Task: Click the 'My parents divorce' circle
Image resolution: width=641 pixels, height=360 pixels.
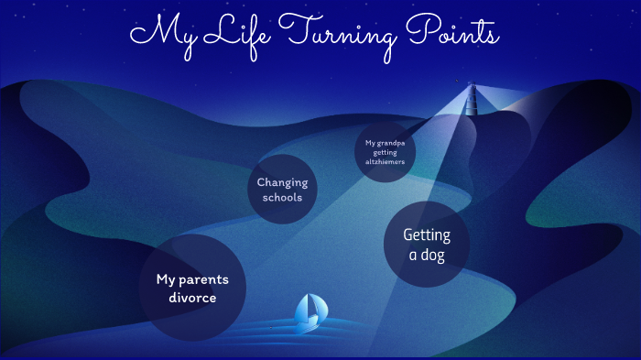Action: [192, 288]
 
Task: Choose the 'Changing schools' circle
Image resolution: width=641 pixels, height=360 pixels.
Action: [282, 190]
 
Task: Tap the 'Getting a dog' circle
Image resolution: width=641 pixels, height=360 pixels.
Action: [427, 245]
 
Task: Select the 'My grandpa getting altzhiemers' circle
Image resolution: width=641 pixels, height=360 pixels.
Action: [385, 152]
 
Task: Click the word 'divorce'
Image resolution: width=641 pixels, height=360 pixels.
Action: [192, 298]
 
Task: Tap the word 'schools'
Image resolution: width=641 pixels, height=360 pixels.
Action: [282, 198]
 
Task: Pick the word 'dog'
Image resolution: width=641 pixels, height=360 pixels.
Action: [427, 256]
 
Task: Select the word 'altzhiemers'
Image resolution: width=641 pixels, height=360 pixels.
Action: [385, 162]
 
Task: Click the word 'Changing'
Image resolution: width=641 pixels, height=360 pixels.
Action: [282, 182]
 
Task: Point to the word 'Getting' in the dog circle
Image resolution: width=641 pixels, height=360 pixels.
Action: [427, 235]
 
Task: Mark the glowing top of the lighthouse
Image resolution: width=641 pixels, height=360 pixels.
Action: [473, 88]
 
